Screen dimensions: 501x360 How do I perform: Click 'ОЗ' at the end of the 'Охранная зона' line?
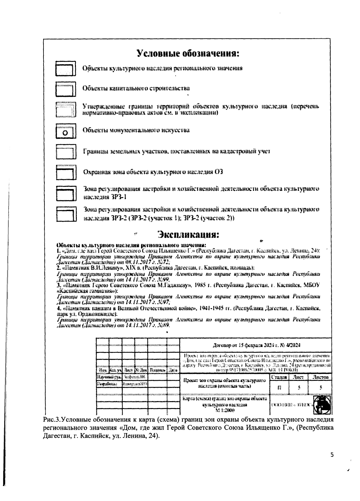[x=219, y=172]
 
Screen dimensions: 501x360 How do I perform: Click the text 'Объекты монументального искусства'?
[x=136, y=130]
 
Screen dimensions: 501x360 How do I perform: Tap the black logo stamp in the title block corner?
[x=321, y=404]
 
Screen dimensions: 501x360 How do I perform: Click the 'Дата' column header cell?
[x=173, y=370]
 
